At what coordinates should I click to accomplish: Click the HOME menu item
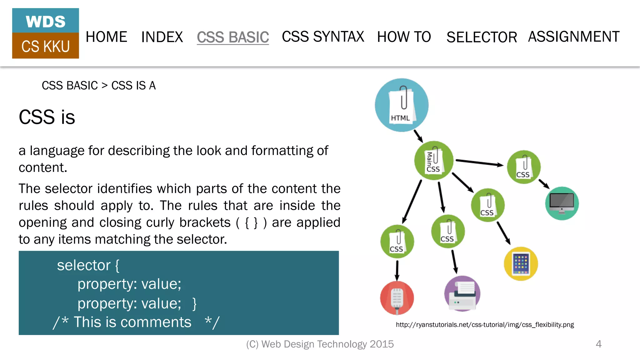(106, 37)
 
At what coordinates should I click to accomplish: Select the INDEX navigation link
(162, 37)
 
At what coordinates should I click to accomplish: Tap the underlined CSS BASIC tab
(233, 37)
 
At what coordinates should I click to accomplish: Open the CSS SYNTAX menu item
(323, 37)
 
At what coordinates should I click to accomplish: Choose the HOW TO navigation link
(404, 37)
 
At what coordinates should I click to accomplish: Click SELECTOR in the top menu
(482, 37)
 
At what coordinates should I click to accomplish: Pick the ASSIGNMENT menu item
(574, 37)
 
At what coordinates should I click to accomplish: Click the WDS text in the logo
(46, 21)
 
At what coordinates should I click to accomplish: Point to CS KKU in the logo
(46, 46)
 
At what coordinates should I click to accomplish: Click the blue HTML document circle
(402, 105)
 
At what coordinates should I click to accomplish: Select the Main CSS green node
(434, 161)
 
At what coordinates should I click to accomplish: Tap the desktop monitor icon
(562, 203)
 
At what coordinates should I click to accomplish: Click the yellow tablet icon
(521, 264)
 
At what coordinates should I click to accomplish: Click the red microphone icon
(397, 298)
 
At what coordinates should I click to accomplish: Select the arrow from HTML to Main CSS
(418, 136)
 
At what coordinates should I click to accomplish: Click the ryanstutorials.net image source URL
(485, 325)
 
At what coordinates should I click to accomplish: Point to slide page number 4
(598, 344)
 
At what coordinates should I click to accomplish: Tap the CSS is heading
(47, 117)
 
